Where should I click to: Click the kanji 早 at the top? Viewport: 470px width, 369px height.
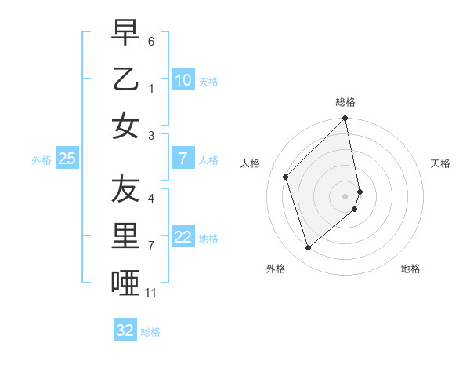coord(125,33)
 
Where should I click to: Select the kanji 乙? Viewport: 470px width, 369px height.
coord(125,79)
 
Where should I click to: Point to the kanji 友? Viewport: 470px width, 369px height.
coord(125,188)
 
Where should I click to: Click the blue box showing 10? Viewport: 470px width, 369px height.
coord(183,79)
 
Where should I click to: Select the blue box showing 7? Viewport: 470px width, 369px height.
coord(183,159)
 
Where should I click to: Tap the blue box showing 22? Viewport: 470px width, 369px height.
coord(183,237)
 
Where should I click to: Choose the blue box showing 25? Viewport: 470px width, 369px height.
coord(67,159)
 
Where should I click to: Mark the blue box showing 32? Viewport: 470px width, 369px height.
coord(125,331)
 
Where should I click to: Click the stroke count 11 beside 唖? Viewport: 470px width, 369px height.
coord(151,293)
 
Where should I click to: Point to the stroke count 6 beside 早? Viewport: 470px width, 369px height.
coord(151,39)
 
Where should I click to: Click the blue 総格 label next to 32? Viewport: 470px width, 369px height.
coord(150,331)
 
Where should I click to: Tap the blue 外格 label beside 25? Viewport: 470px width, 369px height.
coord(42,159)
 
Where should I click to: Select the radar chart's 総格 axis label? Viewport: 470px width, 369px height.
coord(345,102)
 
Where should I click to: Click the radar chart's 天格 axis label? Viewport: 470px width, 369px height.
coord(440,163)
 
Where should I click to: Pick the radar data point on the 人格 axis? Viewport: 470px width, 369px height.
coord(286,177)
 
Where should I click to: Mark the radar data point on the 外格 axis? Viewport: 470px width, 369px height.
coord(308,247)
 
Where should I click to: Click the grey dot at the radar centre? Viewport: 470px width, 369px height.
coord(345,195)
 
